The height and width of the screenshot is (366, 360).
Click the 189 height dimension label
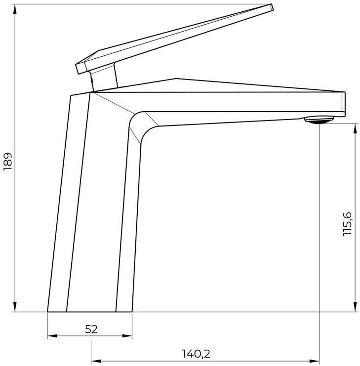tap(8, 162)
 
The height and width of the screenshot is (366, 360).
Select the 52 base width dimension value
tap(91, 329)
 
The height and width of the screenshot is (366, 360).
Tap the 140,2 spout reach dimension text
tap(196, 354)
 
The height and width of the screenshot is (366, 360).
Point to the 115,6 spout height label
tap(347, 224)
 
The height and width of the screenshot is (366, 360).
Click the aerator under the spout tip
tap(319, 120)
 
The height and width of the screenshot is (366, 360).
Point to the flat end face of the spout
tap(343, 104)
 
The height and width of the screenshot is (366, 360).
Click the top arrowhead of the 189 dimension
tap(15, 10)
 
